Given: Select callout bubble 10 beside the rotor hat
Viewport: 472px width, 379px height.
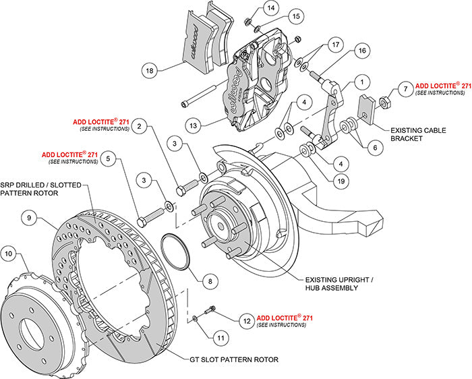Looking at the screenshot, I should tap(9, 254).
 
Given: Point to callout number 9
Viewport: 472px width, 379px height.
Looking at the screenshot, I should tap(28, 217).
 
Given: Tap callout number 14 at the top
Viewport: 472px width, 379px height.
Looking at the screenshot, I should tap(270, 8).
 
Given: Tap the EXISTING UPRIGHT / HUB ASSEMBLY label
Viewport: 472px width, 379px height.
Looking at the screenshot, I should tap(339, 283).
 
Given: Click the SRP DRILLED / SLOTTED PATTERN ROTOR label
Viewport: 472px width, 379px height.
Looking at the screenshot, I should tap(31, 188).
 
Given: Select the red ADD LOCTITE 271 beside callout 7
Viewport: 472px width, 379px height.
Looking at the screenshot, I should tap(442, 86).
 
